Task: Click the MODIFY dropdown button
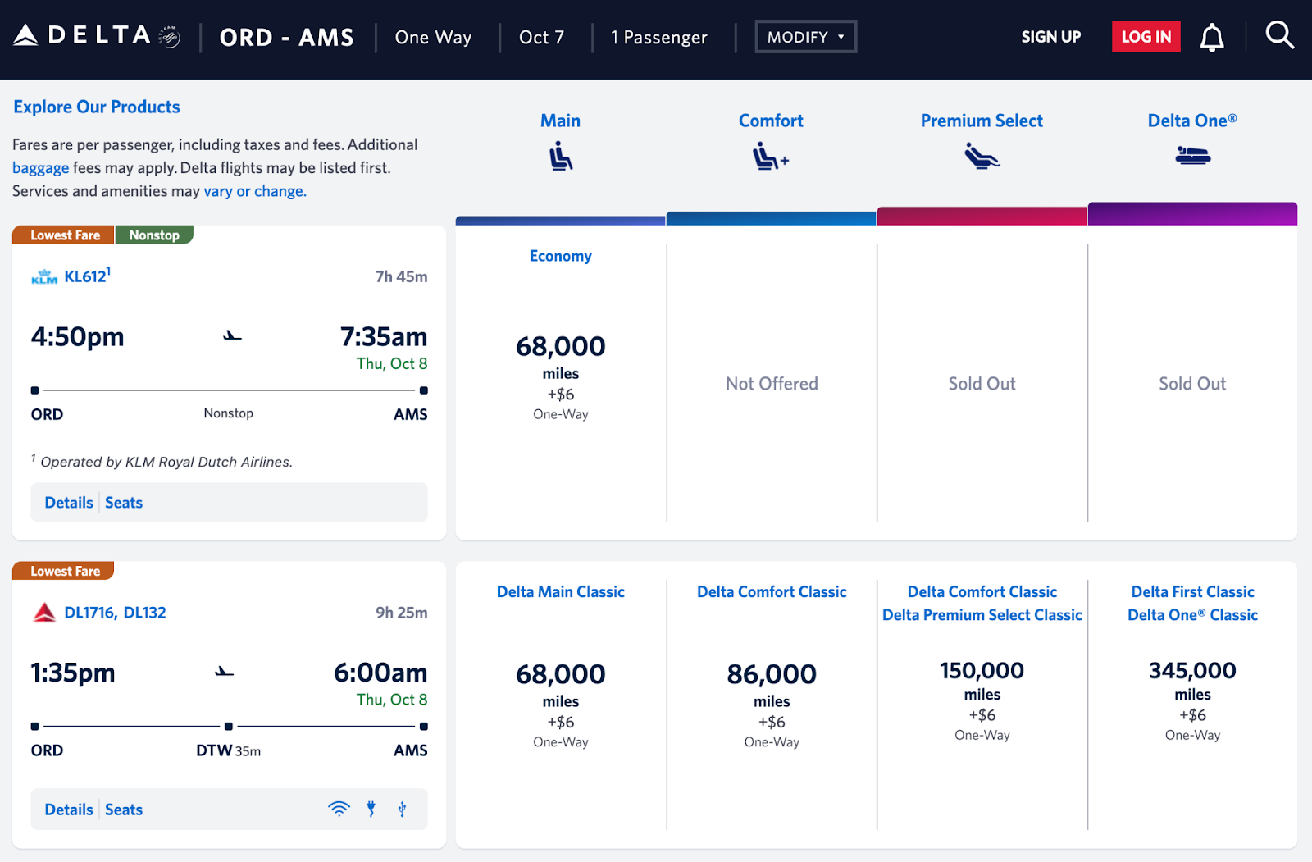tap(805, 37)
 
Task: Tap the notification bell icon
tap(1211, 38)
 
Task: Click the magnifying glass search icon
tap(1278, 35)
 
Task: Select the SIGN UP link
tap(1050, 37)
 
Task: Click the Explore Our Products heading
tap(97, 107)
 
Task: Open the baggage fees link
tap(40, 168)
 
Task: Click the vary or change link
tap(254, 191)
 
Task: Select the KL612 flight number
tap(85, 276)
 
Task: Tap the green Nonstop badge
tap(154, 235)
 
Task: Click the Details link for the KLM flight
tap(69, 503)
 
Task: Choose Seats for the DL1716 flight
tap(124, 810)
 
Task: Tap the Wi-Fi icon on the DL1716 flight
tap(339, 809)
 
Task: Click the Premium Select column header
tap(982, 121)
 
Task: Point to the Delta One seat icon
tap(1192, 155)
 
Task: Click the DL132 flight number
tap(145, 613)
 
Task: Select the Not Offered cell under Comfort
tap(772, 384)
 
